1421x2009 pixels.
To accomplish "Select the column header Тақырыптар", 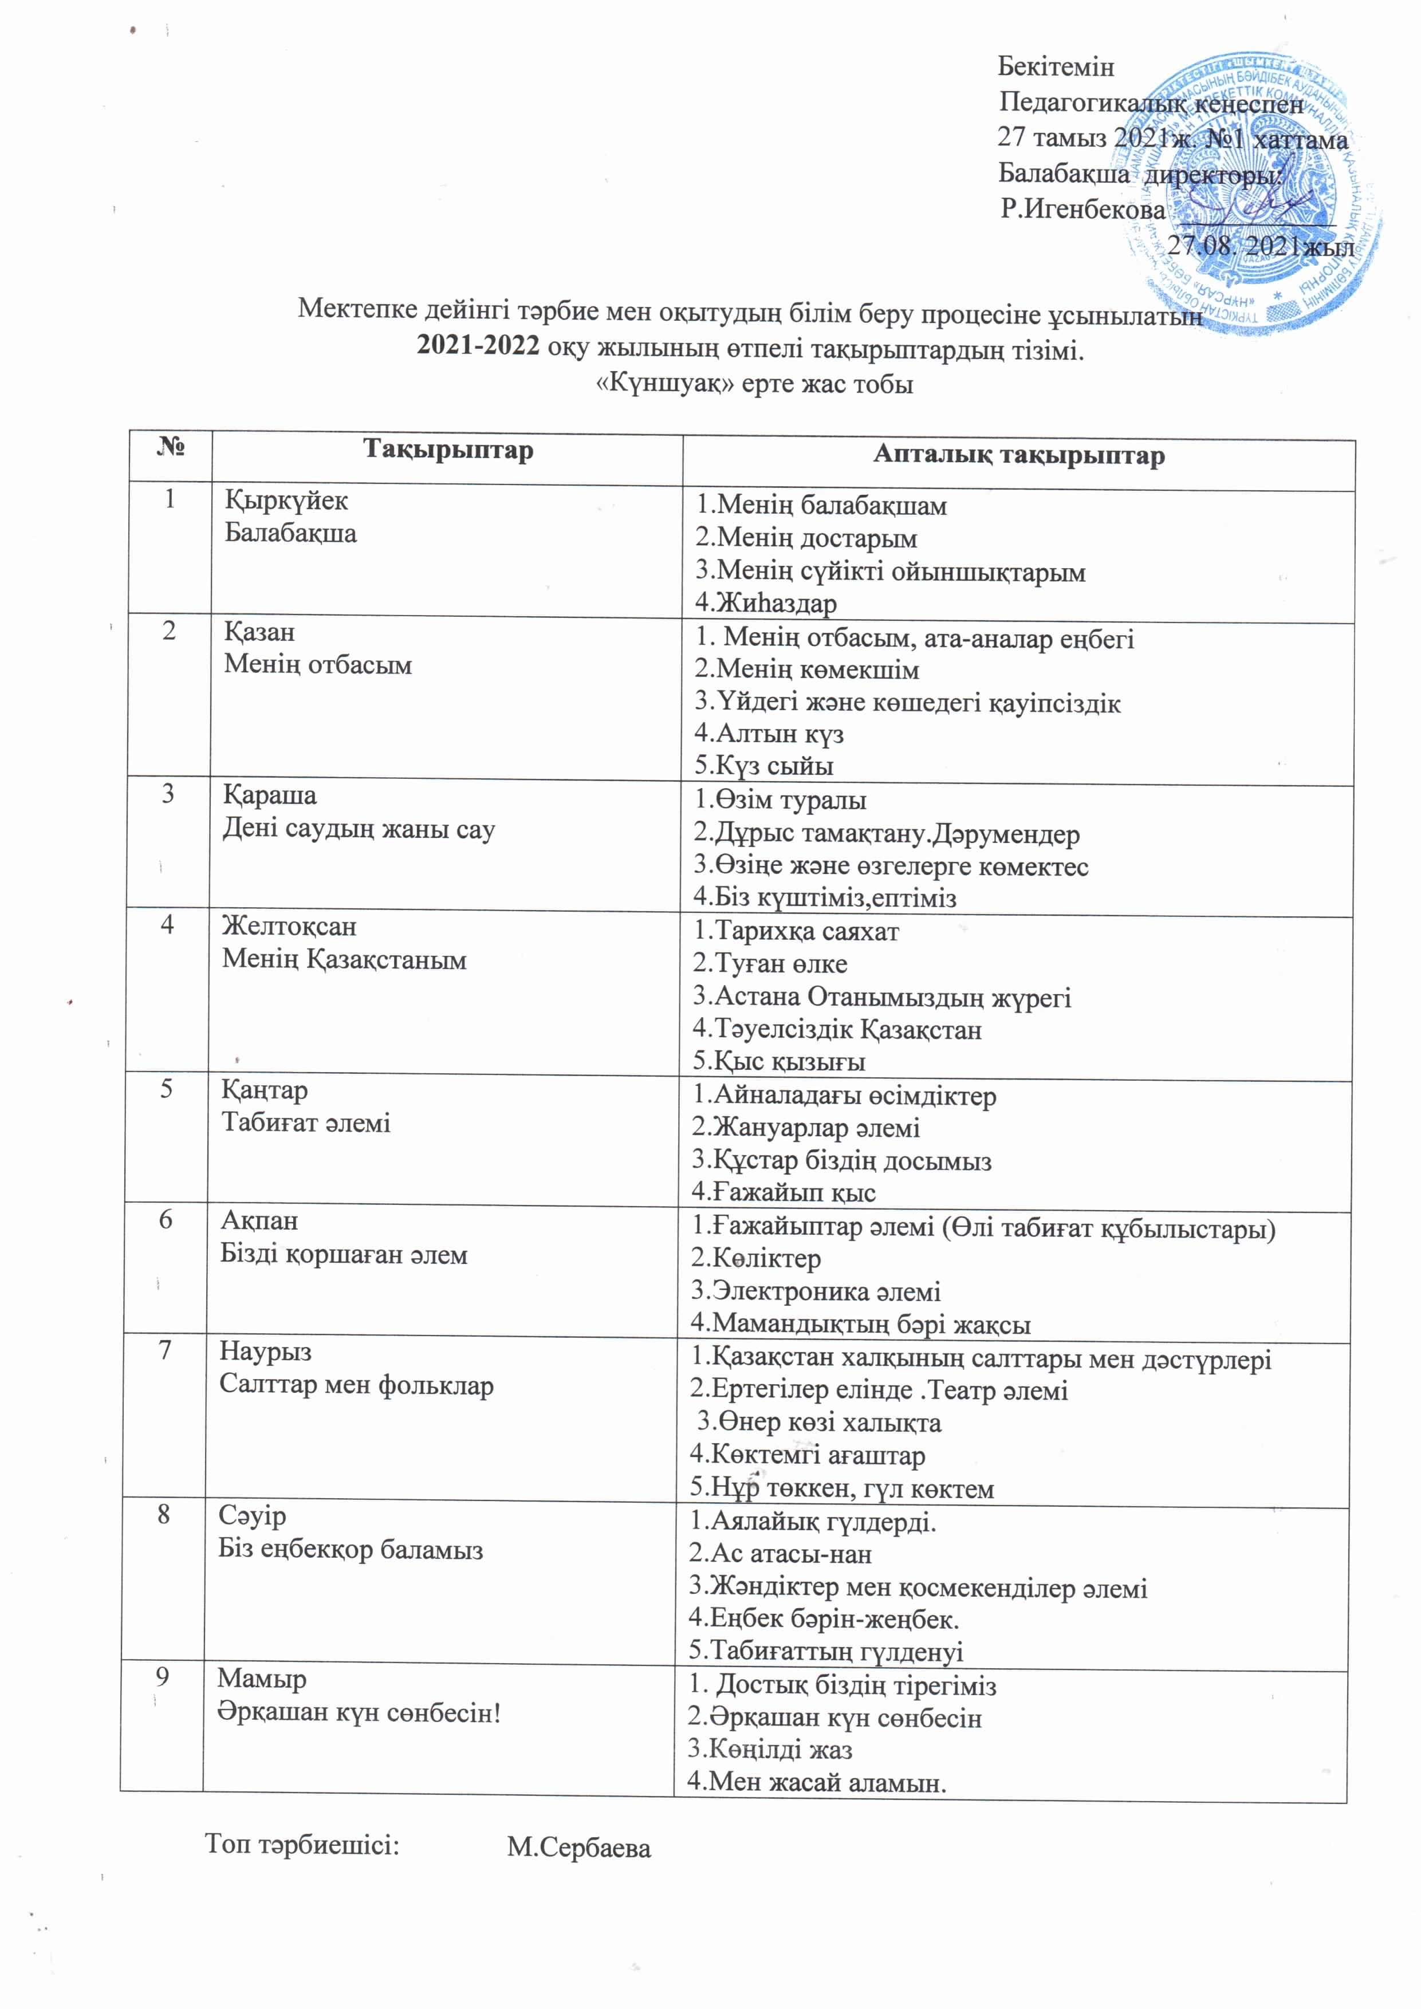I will (447, 451).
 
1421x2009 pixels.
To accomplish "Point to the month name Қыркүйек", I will (286, 501).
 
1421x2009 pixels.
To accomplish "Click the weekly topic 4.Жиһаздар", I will (766, 603).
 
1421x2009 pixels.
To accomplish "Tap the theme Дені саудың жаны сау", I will (358, 829).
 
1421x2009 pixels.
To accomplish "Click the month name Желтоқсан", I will (289, 925).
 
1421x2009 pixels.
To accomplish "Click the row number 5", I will (166, 1089).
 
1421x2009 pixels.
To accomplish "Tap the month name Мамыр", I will (262, 1678).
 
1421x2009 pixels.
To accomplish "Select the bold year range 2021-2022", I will (478, 348).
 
